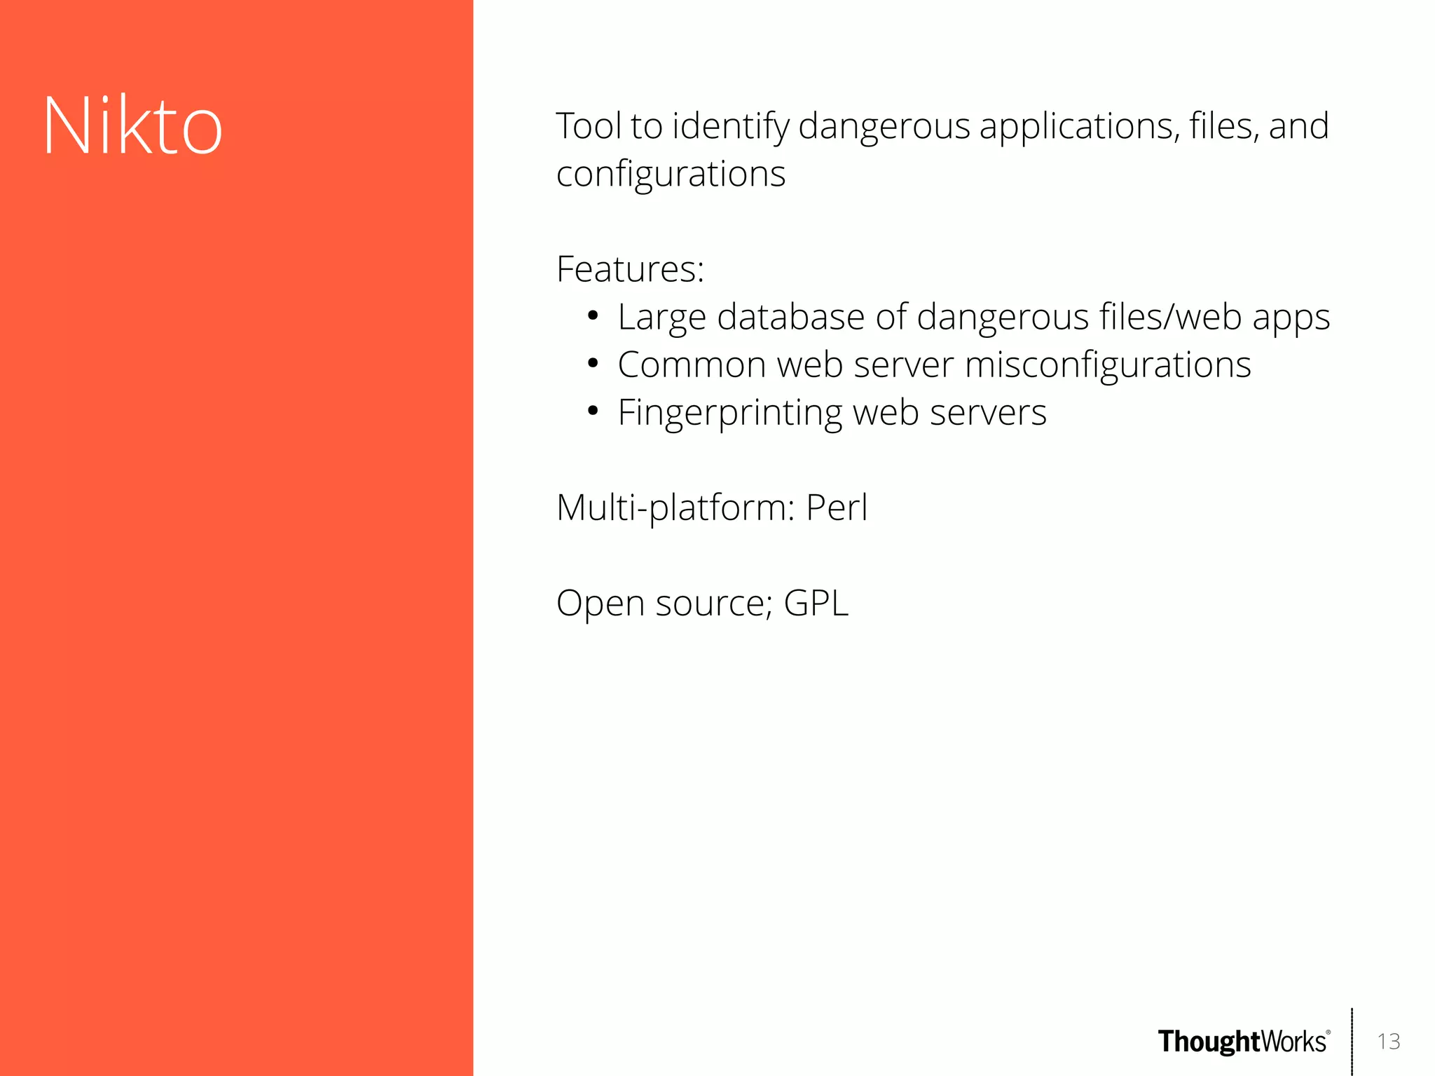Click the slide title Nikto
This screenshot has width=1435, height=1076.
132,126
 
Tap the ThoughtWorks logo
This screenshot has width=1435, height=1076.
1243,1042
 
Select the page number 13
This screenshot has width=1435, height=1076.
1388,1042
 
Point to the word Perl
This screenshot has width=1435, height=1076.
837,508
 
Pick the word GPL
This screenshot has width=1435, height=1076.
816,603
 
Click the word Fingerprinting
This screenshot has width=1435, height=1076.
729,413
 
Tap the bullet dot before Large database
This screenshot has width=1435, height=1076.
593,316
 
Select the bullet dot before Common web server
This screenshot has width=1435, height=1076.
593,364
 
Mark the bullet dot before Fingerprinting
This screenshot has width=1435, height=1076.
593,411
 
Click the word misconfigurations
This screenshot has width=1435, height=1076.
1108,365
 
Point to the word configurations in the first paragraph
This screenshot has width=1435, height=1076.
671,175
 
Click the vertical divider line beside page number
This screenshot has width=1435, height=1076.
1352,1042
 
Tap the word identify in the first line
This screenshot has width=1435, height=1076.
731,128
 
